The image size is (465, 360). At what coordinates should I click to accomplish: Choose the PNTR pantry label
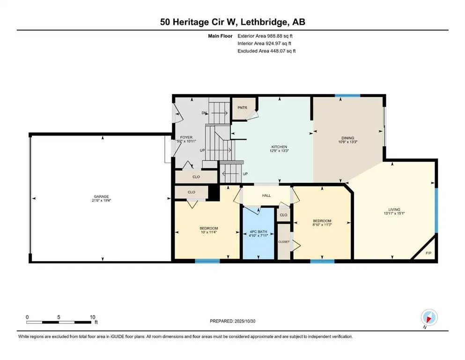point(243,107)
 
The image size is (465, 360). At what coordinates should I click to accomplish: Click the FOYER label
point(186,137)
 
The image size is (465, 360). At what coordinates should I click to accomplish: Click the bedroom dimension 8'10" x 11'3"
point(322,225)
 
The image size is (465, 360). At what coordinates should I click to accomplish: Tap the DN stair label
point(204,112)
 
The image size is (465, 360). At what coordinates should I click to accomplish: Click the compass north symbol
point(429,317)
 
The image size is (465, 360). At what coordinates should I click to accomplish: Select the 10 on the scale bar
point(92,316)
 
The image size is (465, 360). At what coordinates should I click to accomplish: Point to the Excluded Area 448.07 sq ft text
point(267,51)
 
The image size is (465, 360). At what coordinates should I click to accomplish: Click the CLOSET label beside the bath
point(283,241)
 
